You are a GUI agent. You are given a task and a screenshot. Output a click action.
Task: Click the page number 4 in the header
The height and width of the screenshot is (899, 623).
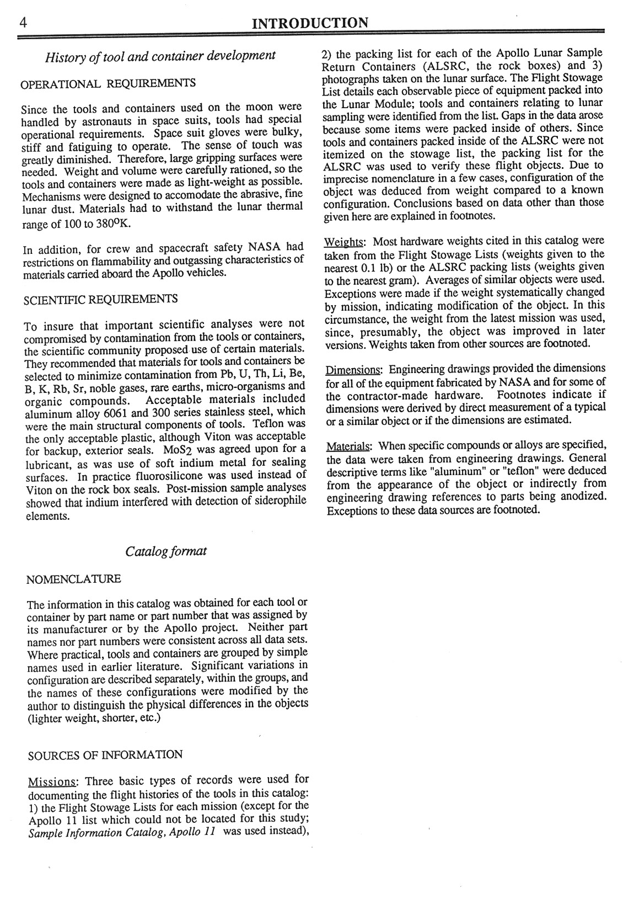point(23,23)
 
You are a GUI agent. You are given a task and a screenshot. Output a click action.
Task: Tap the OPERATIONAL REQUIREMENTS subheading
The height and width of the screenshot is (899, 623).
point(108,83)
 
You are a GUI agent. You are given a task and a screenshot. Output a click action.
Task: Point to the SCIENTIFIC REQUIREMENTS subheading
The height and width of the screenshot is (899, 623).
point(101,299)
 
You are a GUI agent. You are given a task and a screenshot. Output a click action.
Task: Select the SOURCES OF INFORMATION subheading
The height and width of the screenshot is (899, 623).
point(105,754)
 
